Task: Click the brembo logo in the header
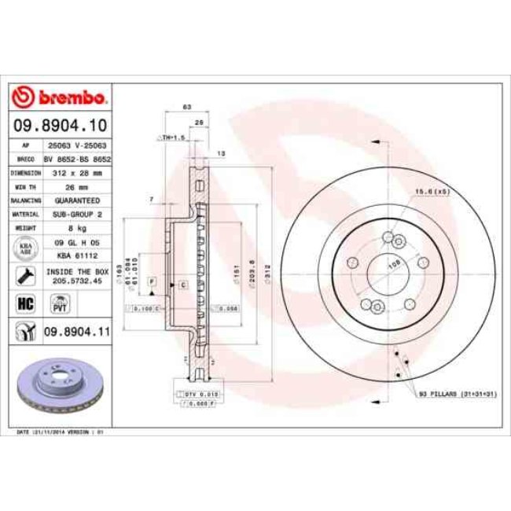(x=61, y=98)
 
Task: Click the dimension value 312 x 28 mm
(x=76, y=171)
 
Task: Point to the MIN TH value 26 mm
(x=76, y=186)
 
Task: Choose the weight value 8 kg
(x=76, y=228)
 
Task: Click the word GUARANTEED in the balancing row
(x=76, y=200)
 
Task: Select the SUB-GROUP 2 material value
(x=76, y=214)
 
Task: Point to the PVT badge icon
(x=59, y=303)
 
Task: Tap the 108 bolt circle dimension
(x=393, y=265)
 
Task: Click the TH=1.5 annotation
(x=171, y=138)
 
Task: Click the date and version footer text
(x=61, y=432)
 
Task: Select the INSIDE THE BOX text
(x=76, y=271)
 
